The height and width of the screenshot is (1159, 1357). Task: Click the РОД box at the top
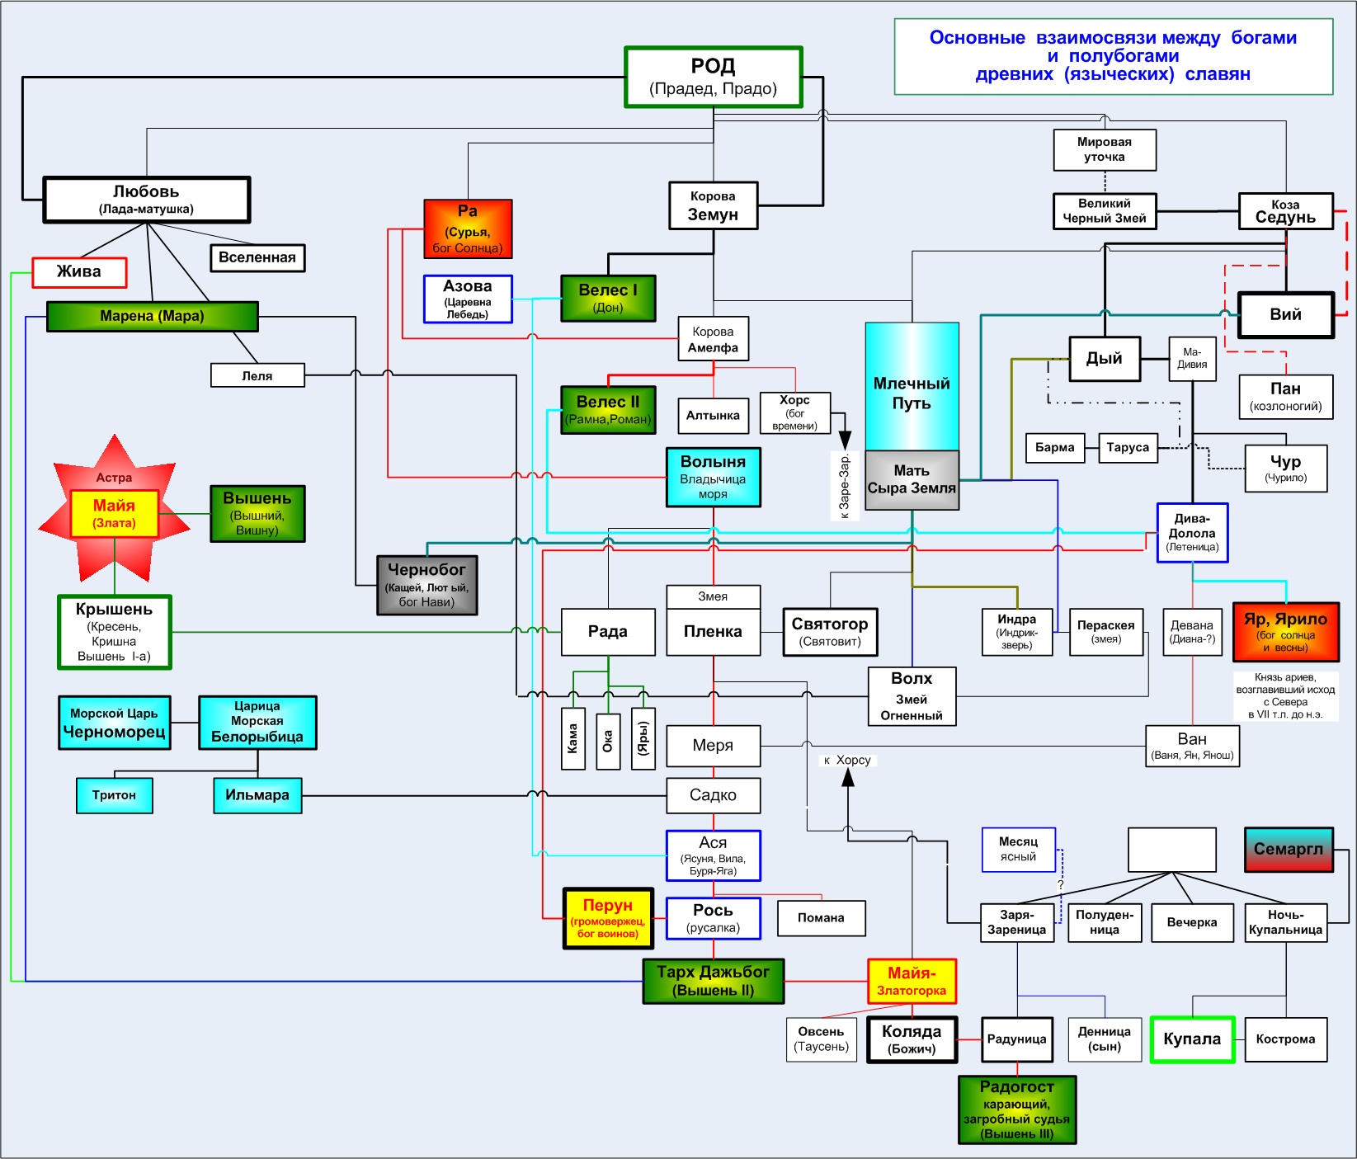click(x=714, y=77)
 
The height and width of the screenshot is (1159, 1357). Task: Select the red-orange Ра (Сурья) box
click(x=468, y=229)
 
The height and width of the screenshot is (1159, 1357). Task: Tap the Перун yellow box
click(x=608, y=918)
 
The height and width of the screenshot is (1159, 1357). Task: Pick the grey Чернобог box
click(x=426, y=585)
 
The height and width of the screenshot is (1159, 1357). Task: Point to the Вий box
click(x=1285, y=314)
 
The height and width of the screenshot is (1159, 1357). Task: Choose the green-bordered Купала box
click(x=1192, y=1039)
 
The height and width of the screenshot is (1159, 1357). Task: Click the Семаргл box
click(x=1288, y=850)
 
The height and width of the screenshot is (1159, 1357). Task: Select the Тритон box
click(x=114, y=795)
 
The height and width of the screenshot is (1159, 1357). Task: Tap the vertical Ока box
click(x=608, y=739)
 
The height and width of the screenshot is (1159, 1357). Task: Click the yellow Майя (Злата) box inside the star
click(x=114, y=513)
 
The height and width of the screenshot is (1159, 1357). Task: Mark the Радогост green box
click(x=1016, y=1110)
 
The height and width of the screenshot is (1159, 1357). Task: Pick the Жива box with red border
click(x=79, y=272)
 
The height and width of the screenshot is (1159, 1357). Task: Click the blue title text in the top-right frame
click(x=1113, y=56)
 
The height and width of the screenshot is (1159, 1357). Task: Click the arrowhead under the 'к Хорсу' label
click(x=848, y=777)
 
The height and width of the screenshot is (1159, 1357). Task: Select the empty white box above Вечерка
click(x=1171, y=850)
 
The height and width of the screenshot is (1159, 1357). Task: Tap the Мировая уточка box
click(x=1104, y=149)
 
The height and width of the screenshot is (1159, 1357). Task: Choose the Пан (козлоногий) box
click(x=1285, y=396)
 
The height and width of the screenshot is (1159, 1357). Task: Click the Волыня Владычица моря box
click(x=713, y=477)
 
